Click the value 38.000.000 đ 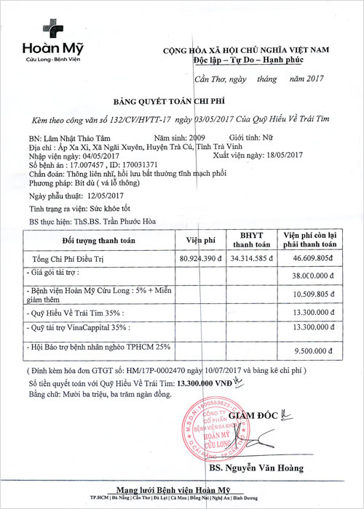coord(309,276)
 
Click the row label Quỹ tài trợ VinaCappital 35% coord(81,328)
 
